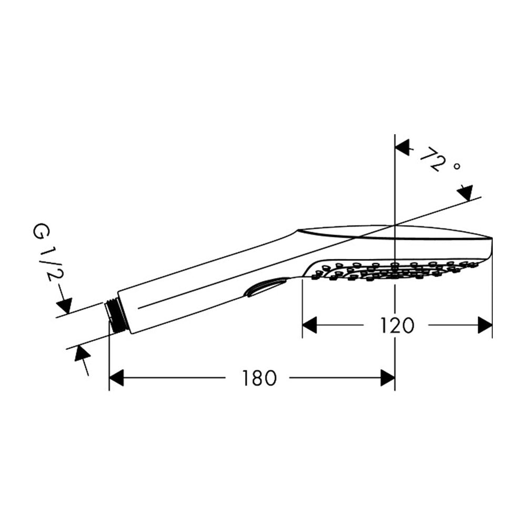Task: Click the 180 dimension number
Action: [259, 378]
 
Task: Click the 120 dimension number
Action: [397, 326]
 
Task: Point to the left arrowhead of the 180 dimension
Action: [116, 378]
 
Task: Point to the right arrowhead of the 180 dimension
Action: [388, 378]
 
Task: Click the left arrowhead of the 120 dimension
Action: [309, 325]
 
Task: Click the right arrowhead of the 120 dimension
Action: [485, 325]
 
